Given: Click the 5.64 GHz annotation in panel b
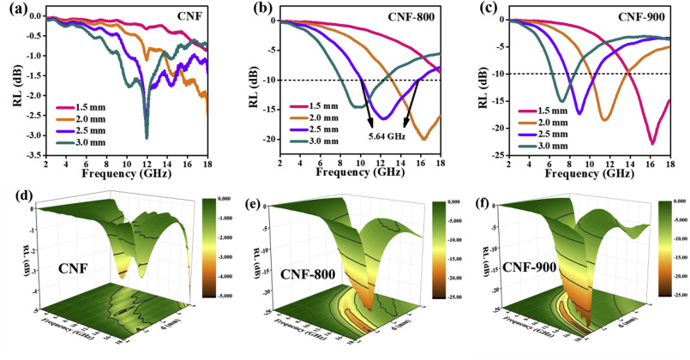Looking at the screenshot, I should [388, 135].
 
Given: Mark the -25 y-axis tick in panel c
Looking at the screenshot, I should [496, 155].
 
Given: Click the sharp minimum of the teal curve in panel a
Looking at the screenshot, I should [147, 137].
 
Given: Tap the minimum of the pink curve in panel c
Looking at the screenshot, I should [652, 143].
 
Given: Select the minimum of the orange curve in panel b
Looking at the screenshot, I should [423, 138].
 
